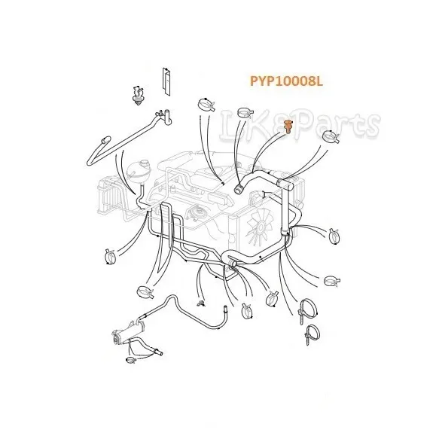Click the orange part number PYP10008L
point(286,81)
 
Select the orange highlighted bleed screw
point(288,127)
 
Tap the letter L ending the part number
point(319,81)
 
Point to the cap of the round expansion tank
point(145,163)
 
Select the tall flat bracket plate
point(166,81)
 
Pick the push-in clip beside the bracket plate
point(138,96)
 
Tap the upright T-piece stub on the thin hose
point(167,116)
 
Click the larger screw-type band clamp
point(307,311)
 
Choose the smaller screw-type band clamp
point(312,334)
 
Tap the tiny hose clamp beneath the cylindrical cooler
point(131,359)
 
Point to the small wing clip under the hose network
point(200,303)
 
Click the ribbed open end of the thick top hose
point(238,188)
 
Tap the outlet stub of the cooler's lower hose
point(158,352)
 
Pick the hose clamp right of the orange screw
point(331,137)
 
